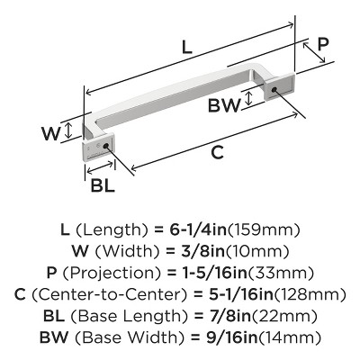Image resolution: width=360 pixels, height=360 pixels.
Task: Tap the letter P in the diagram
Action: point(323,45)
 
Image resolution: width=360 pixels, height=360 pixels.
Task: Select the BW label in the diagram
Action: point(224,105)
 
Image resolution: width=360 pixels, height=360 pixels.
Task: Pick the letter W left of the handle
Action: point(52,132)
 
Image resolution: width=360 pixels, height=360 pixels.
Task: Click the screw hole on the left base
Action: point(107,145)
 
